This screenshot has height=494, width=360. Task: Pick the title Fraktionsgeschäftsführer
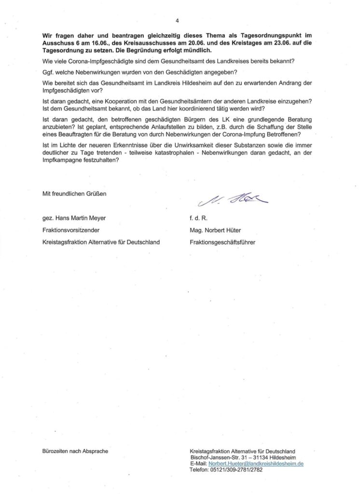(x=222, y=243)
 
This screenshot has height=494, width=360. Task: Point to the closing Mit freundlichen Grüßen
(x=74, y=194)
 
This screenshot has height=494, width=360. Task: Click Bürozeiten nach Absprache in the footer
(x=75, y=451)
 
